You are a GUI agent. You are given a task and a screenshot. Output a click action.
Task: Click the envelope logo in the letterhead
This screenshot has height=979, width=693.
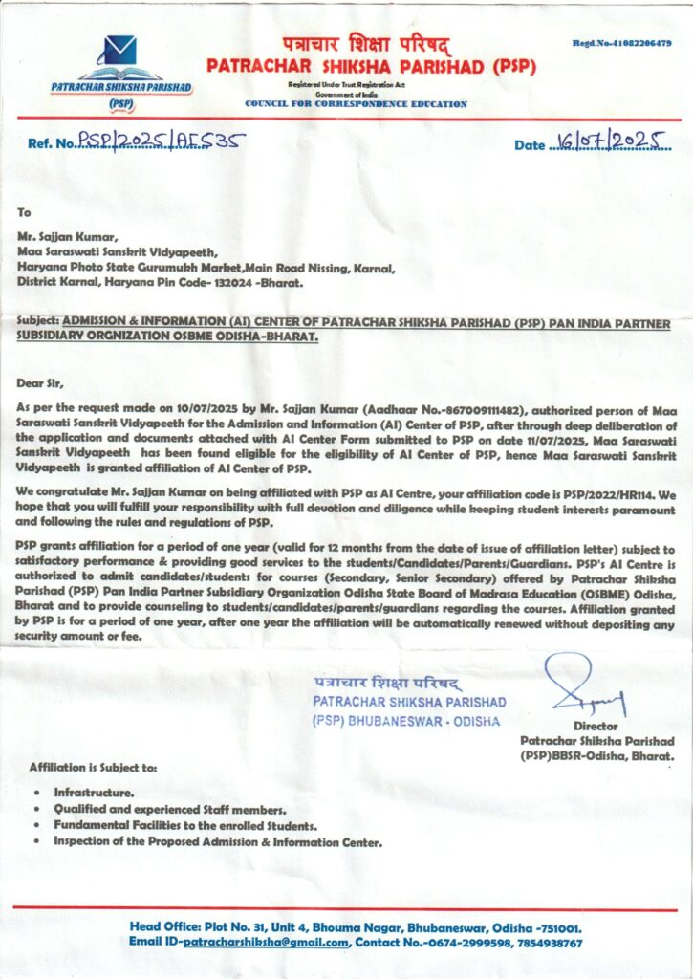click(120, 49)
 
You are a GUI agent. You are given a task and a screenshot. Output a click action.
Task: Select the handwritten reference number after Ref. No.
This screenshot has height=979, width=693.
click(162, 142)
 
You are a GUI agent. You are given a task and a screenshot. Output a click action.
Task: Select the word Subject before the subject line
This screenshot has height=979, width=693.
click(38, 324)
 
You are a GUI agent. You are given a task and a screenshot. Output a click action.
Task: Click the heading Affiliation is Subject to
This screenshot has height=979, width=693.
click(94, 768)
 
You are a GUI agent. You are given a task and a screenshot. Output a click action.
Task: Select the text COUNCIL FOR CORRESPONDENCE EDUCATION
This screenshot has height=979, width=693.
click(357, 103)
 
